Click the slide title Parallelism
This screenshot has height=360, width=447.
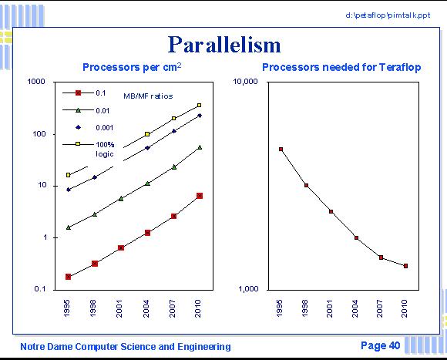pyautogui.click(x=224, y=45)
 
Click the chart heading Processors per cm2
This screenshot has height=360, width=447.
pyautogui.click(x=132, y=67)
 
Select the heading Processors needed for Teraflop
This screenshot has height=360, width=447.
pyautogui.click(x=341, y=67)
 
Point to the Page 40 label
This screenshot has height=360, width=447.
pyautogui.click(x=380, y=345)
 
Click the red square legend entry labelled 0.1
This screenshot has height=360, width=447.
pyautogui.click(x=84, y=93)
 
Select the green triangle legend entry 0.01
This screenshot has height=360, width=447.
pyautogui.click(x=86, y=110)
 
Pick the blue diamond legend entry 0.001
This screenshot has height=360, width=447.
pyautogui.click(x=94, y=127)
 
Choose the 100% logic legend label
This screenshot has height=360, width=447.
pyautogui.click(x=105, y=149)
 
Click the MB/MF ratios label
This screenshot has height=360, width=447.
pyautogui.click(x=148, y=96)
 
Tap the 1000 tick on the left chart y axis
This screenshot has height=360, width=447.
pyautogui.click(x=36, y=82)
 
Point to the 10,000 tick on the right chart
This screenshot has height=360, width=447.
pyautogui.click(x=245, y=82)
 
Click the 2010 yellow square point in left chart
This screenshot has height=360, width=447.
pyautogui.click(x=200, y=106)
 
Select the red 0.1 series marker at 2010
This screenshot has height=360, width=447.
pyautogui.click(x=200, y=196)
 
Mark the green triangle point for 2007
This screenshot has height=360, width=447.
pyautogui.click(x=174, y=167)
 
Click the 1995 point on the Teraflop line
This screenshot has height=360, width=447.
pyautogui.click(x=281, y=149)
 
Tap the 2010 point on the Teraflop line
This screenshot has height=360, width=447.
pyautogui.click(x=405, y=266)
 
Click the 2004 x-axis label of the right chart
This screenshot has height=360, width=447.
pyautogui.click(x=355, y=308)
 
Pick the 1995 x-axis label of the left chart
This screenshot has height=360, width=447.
pyautogui.click(x=66, y=308)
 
